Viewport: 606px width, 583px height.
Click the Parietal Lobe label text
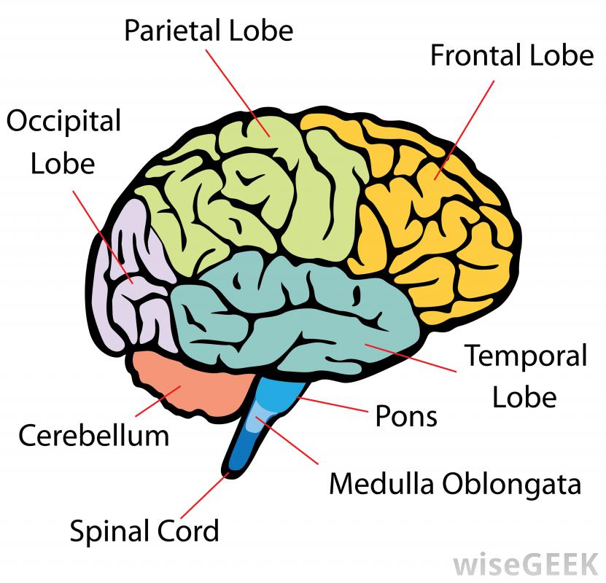click(x=208, y=31)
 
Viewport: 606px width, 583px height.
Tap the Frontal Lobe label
click(x=512, y=55)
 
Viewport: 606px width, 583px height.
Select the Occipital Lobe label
click(x=63, y=141)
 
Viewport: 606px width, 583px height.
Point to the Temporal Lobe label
click(x=525, y=377)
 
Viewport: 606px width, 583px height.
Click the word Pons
click(x=405, y=417)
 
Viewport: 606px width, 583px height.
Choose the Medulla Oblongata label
click(x=455, y=484)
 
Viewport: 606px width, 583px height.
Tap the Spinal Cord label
click(x=144, y=531)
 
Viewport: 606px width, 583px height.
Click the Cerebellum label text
click(x=93, y=436)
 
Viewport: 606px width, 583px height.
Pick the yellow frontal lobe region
click(x=438, y=219)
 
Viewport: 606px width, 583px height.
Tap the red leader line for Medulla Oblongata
click(x=292, y=445)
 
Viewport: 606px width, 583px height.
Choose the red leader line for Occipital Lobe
click(x=102, y=233)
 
